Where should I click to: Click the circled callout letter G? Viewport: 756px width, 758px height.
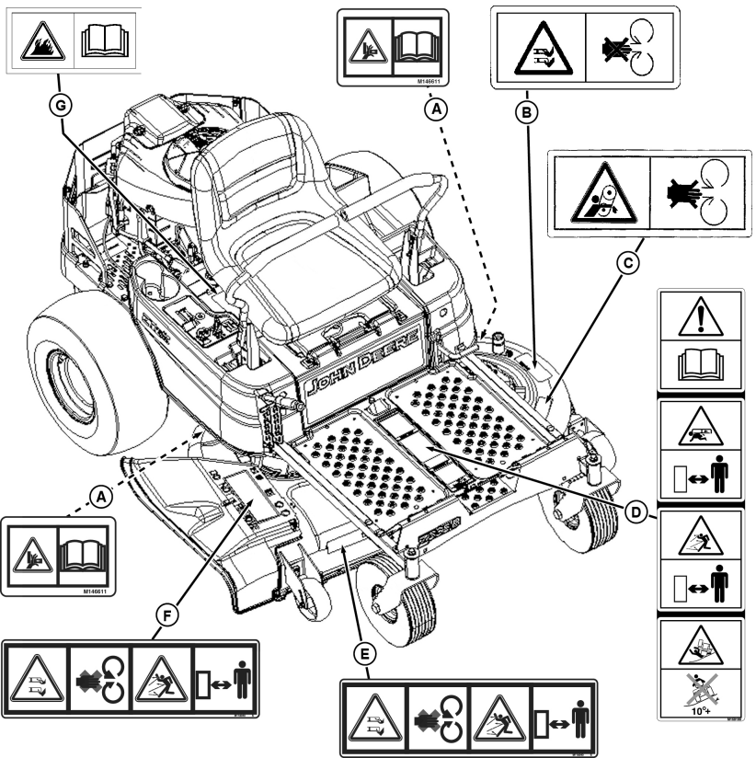coord(63,106)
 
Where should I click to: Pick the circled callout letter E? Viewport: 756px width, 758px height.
coord(366,654)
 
